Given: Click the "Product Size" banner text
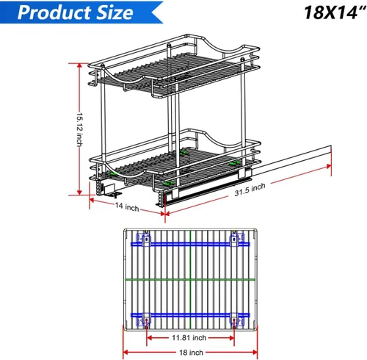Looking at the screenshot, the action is (76, 12).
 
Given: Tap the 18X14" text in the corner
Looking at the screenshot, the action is (334, 12).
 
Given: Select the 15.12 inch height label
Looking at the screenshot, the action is (80, 130).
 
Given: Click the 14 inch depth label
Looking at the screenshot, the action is (127, 207).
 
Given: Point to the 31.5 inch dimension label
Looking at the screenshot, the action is (250, 190).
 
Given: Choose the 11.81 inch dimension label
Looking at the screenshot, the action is (189, 338).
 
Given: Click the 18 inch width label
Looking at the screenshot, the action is (191, 353).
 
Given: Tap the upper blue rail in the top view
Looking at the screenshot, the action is (190, 244).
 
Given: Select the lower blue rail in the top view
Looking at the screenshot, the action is (190, 315).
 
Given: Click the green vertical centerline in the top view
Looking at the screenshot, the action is (190, 279).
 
